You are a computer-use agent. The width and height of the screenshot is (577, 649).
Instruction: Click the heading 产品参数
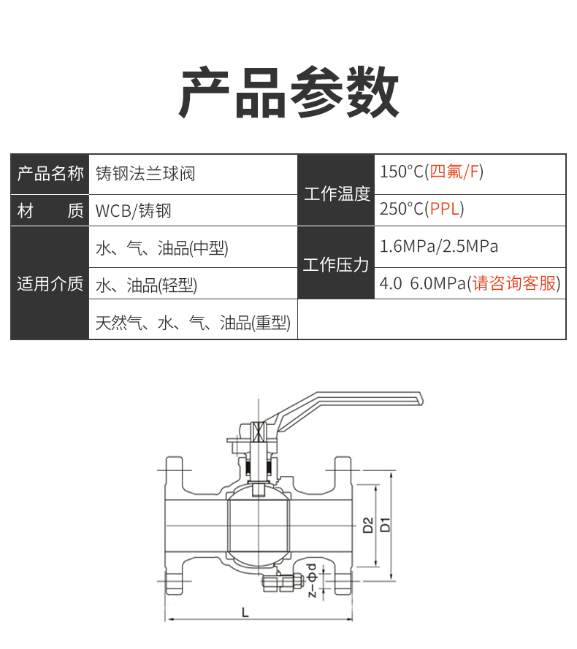point(288,92)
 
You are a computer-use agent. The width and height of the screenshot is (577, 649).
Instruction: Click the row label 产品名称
point(50,174)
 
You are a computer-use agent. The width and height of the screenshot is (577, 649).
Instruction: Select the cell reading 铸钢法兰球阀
point(145,174)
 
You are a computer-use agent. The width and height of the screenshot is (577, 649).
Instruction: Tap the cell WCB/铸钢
point(133,211)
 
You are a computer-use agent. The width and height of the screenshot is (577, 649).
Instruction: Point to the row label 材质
point(50,211)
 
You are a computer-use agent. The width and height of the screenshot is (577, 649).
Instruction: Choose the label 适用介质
point(50,284)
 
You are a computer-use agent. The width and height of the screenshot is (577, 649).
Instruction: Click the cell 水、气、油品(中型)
point(162,248)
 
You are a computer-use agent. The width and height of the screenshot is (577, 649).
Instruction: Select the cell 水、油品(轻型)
point(146,285)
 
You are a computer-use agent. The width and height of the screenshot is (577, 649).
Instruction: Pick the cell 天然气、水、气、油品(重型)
point(193,323)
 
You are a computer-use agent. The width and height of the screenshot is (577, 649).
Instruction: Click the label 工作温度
point(337,193)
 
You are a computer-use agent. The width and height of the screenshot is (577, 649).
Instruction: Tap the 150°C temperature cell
point(432,172)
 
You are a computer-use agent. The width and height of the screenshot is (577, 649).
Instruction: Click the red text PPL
point(445,209)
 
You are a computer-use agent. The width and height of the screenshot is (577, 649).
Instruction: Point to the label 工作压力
point(336,265)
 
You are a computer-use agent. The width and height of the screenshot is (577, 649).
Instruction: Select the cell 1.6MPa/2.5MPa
point(439,246)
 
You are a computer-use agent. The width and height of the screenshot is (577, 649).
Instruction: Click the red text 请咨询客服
point(513,283)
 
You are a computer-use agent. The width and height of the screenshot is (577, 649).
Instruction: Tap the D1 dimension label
point(385,524)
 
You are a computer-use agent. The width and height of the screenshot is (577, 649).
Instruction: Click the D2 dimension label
point(368,525)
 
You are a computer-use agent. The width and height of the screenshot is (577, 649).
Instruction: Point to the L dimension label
point(245,612)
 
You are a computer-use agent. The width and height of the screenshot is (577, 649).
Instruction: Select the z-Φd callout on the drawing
point(313,580)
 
